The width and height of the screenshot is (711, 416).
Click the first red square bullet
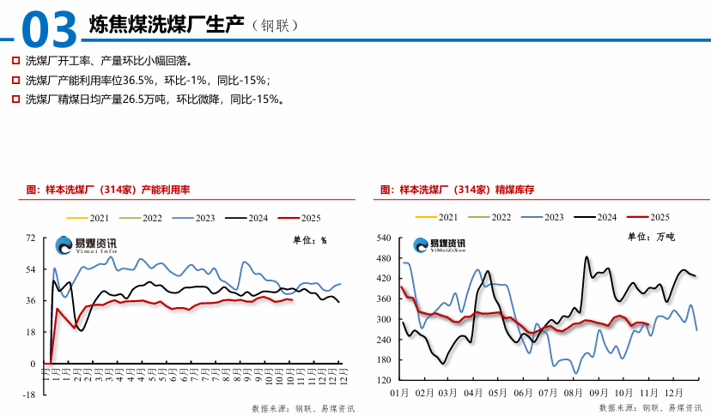(15, 61)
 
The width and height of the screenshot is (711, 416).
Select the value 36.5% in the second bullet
(138, 80)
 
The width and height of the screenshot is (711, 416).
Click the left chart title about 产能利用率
(108, 188)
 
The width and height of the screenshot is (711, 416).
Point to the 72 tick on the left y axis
(31, 238)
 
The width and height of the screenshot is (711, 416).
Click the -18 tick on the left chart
(29, 395)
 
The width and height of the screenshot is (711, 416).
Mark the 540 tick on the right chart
(384, 238)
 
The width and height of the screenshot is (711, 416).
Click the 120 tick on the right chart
(384, 380)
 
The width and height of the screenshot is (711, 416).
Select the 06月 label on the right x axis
(523, 393)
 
